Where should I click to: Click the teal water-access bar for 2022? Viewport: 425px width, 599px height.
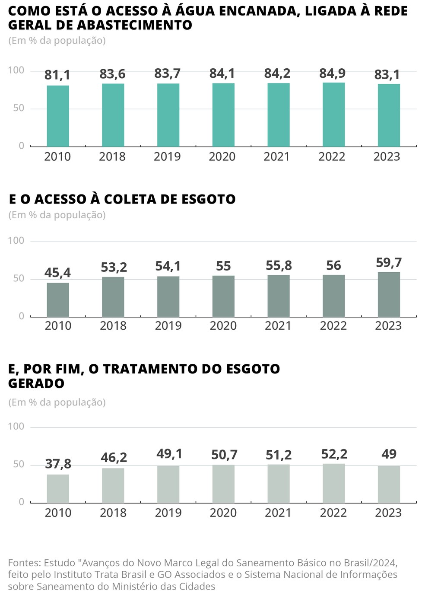[x=333, y=115]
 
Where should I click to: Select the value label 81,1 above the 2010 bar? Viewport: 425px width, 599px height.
[x=57, y=75]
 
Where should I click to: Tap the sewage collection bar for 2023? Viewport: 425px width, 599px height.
[x=389, y=294]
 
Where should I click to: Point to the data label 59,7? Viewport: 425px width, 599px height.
[x=389, y=263]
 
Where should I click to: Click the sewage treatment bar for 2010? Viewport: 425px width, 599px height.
[x=58, y=488]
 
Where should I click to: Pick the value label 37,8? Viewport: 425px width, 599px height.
[x=58, y=464]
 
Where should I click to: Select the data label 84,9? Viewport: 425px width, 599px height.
[x=333, y=73]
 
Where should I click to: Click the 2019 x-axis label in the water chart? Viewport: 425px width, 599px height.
[x=167, y=156]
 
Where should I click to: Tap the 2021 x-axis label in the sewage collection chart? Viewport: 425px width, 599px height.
[x=278, y=325]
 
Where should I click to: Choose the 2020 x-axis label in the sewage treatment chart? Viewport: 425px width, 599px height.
[x=223, y=513]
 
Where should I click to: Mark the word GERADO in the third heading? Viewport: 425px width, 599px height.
[x=36, y=383]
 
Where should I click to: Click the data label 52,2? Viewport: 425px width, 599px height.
[x=334, y=454]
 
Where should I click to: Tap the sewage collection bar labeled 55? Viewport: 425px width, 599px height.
[x=223, y=296]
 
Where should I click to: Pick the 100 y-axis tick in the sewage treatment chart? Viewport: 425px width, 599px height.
[x=16, y=427]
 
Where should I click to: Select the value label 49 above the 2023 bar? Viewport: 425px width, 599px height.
[x=389, y=454]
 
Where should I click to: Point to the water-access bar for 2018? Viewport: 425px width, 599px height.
[x=113, y=115]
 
